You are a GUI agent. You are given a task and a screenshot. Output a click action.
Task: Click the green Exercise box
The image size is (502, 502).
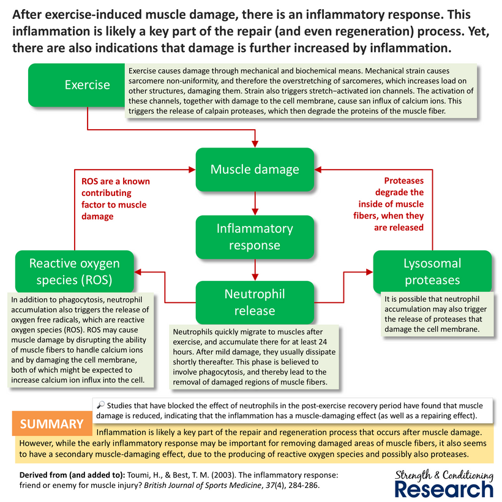(87, 86)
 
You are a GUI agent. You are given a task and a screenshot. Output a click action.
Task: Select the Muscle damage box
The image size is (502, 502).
(255, 169)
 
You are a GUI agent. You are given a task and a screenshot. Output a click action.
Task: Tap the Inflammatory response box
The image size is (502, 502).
(255, 237)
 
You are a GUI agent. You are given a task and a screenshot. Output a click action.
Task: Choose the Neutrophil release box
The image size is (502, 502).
(255, 302)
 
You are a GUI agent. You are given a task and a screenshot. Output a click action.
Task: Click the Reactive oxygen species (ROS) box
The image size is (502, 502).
(75, 272)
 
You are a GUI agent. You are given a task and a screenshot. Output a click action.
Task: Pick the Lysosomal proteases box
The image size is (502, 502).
(432, 272)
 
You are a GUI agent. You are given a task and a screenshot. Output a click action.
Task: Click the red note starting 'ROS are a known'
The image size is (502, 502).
(115, 199)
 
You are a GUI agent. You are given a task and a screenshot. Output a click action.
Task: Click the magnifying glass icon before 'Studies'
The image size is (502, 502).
(101, 405)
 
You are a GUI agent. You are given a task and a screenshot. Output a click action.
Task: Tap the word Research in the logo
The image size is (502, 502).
(443, 489)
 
